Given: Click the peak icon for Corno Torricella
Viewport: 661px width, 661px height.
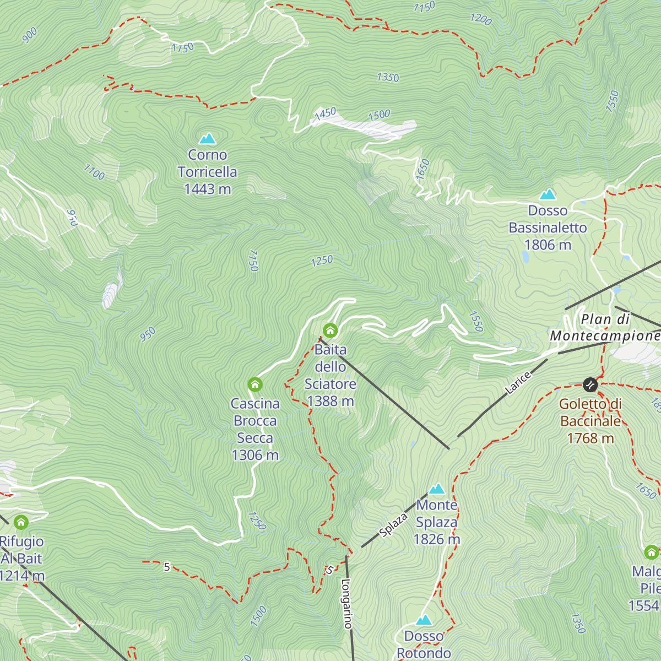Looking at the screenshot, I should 208,138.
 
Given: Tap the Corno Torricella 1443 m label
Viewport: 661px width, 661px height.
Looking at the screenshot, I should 208,172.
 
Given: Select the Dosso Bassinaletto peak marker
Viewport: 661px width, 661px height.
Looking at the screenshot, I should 548,194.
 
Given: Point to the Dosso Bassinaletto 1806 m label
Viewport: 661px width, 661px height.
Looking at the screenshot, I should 548,227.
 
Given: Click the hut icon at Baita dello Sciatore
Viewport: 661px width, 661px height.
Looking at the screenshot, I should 330,330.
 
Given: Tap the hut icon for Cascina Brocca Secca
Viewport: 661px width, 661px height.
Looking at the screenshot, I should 254,384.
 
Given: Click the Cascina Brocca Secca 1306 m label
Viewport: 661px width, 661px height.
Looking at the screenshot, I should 255,429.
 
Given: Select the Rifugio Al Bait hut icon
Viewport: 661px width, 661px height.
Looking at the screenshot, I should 21,522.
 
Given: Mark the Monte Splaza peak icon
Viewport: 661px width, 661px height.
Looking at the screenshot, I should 437,489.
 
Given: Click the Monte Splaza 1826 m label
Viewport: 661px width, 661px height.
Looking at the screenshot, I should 437,522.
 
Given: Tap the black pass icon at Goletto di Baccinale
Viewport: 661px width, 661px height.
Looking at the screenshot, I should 590,384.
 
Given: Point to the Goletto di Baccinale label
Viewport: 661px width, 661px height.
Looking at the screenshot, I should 590,421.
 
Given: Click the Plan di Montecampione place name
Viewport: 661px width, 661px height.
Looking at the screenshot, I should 605,328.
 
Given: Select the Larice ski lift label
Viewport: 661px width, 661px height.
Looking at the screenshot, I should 518,383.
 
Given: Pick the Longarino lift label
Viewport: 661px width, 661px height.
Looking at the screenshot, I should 346,603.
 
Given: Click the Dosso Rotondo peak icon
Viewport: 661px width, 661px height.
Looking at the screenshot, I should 424,620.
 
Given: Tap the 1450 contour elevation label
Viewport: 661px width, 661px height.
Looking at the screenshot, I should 325,113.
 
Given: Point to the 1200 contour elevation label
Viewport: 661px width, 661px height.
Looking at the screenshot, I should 480,19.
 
